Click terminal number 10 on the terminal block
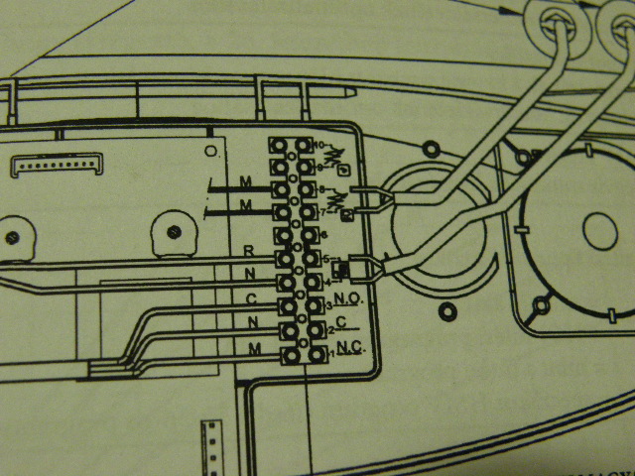pyautogui.click(x=318, y=146)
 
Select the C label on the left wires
pyautogui.click(x=253, y=298)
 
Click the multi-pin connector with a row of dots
pyautogui.click(x=59, y=164)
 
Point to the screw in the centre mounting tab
pyautogui.click(x=175, y=232)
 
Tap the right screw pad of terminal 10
pyautogui.click(x=302, y=146)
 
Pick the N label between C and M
pyautogui.click(x=254, y=322)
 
